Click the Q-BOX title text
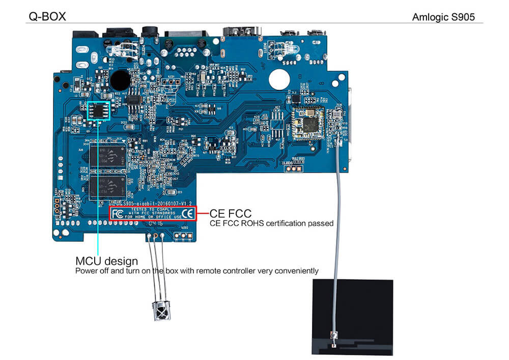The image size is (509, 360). pyautogui.click(x=46, y=17)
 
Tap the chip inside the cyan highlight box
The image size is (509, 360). pyautogui.click(x=99, y=110)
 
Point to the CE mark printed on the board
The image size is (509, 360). pyautogui.click(x=187, y=213)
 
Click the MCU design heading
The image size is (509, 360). pyautogui.click(x=106, y=261)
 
